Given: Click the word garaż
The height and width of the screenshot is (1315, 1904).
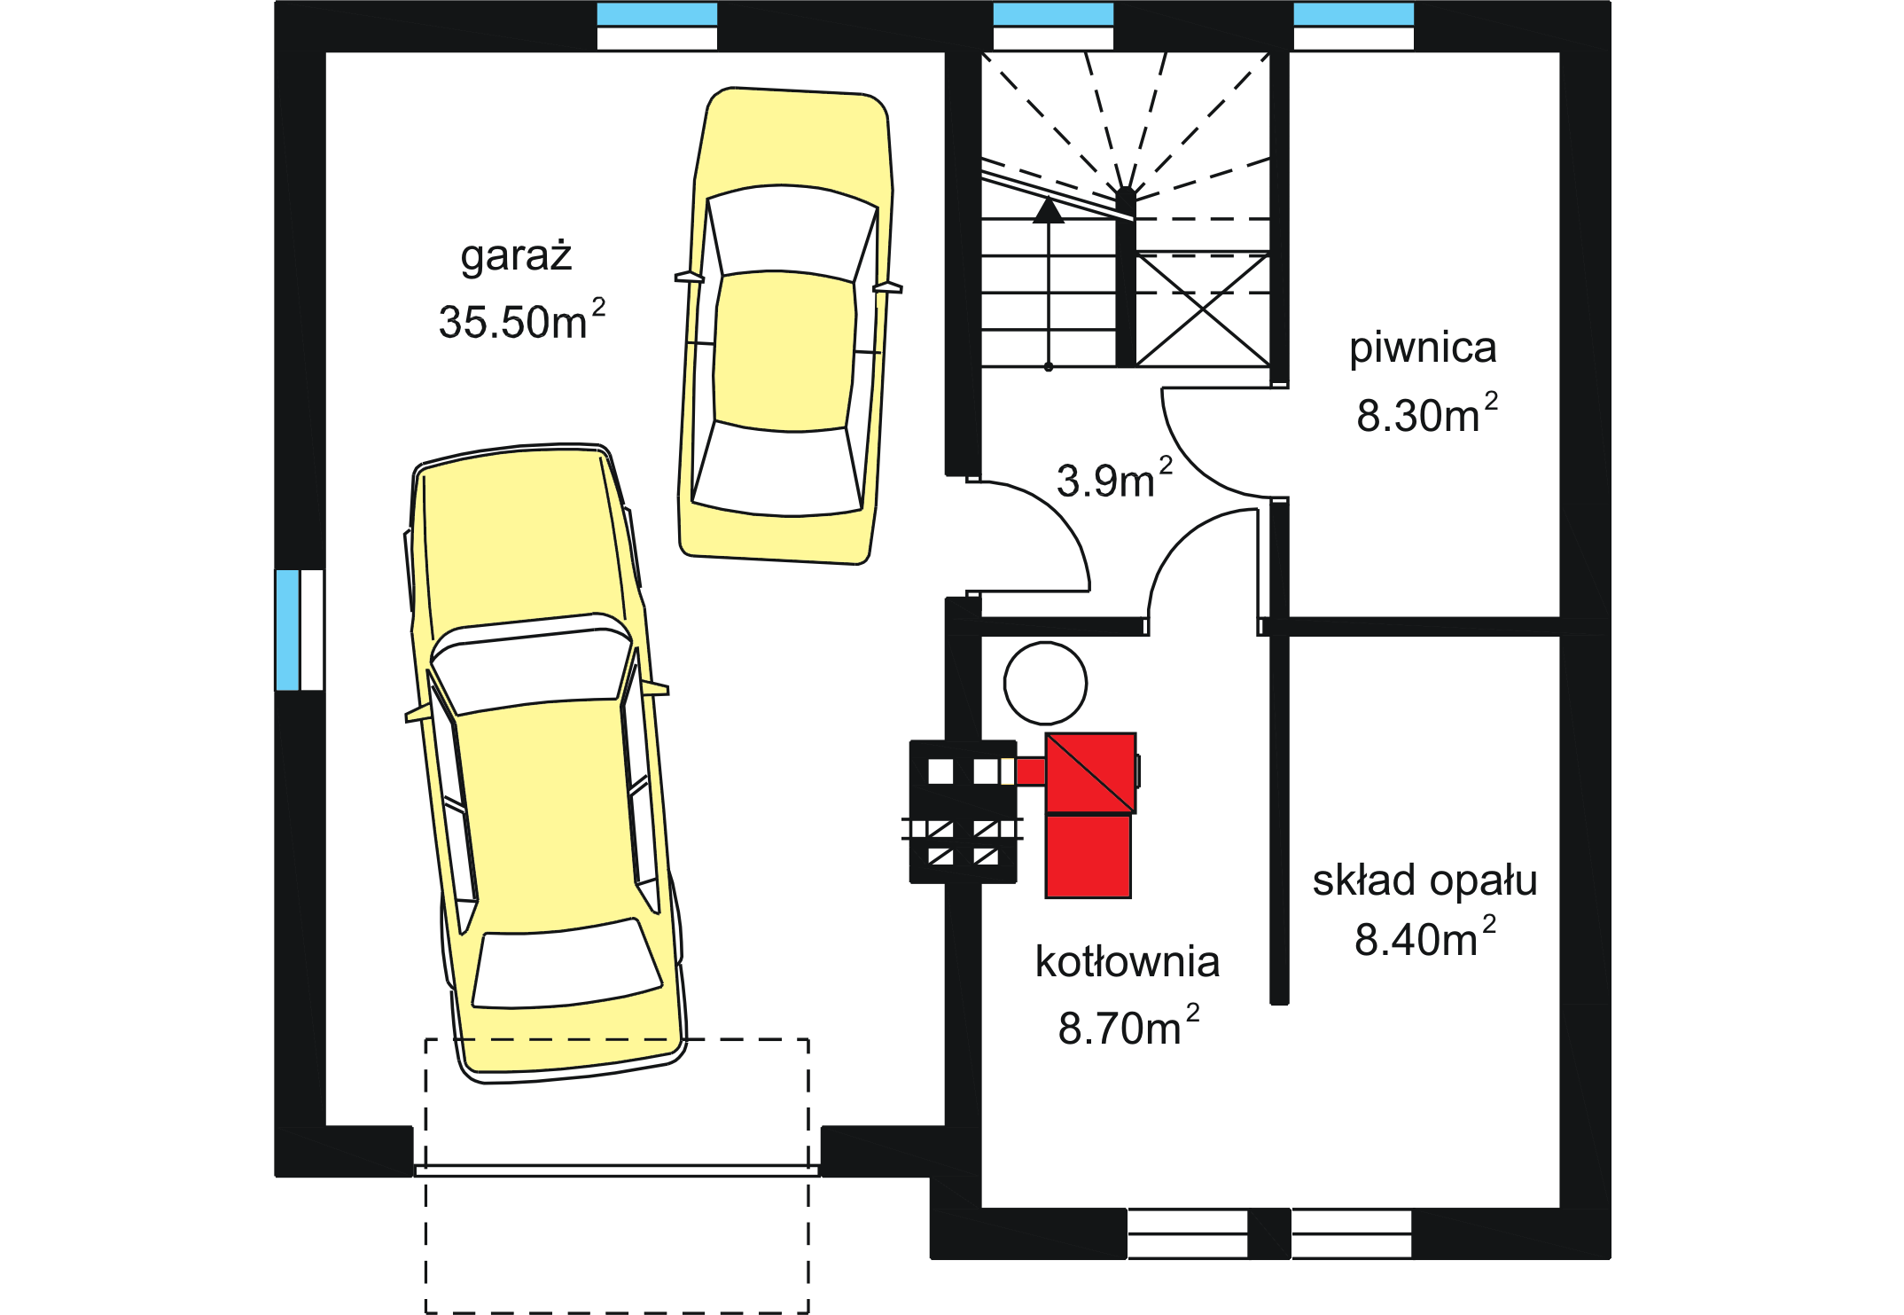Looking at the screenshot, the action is click(516, 256).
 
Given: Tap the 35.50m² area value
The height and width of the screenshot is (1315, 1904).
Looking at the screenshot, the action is click(522, 320).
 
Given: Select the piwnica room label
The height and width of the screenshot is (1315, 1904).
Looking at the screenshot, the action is click(1423, 348).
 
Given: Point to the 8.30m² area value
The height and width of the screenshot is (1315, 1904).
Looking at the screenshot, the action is click(1427, 414).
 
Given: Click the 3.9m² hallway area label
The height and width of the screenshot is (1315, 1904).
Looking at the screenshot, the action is click(1114, 480).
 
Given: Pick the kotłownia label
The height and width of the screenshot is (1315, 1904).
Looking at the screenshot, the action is click(1128, 962).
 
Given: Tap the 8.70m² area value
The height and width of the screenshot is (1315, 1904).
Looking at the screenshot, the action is click(1128, 1027).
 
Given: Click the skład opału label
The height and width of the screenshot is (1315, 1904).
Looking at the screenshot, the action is click(1424, 881).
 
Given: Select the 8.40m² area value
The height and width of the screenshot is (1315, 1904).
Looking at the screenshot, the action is click(1424, 938).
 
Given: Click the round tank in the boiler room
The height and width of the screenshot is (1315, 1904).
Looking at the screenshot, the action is click(1045, 684).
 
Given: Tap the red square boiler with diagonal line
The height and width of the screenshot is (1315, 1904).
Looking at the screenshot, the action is click(1091, 772).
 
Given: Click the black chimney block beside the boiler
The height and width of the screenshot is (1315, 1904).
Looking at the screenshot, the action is click(964, 811).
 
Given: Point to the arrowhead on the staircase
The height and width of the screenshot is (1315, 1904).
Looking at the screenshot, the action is click(1049, 210).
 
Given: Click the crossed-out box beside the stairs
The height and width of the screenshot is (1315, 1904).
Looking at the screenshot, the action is click(1203, 310).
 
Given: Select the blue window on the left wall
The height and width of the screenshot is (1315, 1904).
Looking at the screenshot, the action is click(287, 630).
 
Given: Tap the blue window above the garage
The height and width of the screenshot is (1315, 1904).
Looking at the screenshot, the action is click(657, 14).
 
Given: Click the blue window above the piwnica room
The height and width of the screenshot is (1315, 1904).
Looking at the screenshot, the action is click(1354, 14).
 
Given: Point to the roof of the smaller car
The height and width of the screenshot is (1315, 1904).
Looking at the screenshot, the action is click(784, 351).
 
